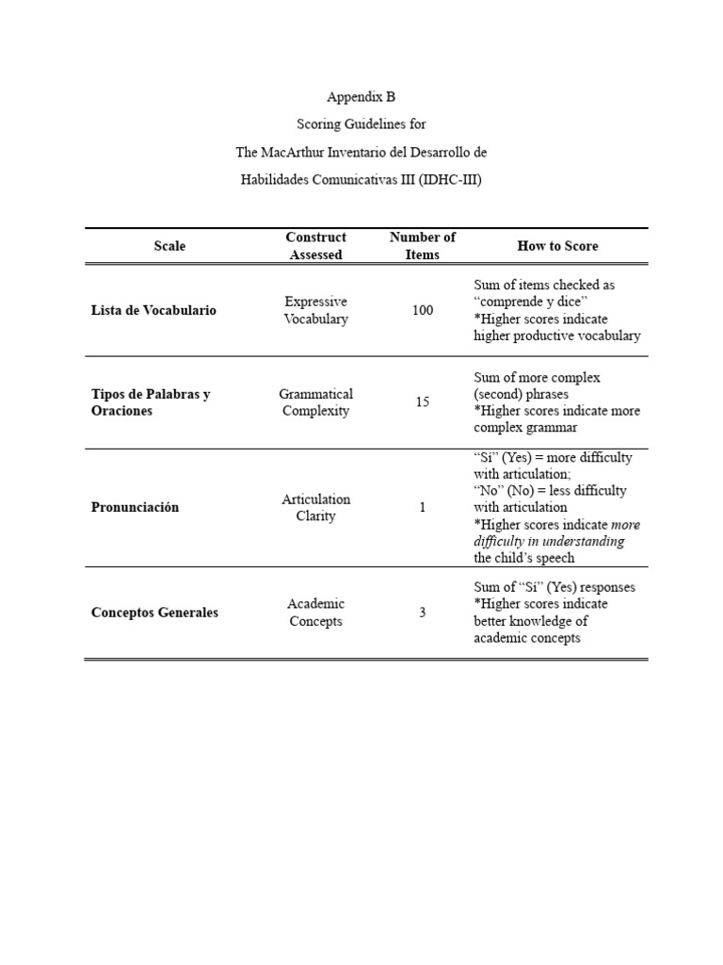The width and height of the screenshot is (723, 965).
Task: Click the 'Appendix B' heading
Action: point(361,96)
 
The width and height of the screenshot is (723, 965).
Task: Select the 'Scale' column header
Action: point(169,246)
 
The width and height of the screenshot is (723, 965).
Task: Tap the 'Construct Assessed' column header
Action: point(316,246)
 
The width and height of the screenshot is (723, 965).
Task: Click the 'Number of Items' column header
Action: point(423,246)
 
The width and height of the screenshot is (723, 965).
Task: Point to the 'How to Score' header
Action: point(557,246)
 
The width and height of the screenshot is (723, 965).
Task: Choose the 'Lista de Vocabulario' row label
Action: point(153,310)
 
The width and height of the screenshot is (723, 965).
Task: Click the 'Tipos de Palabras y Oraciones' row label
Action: point(151,402)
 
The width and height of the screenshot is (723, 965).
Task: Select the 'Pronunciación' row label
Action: point(135,507)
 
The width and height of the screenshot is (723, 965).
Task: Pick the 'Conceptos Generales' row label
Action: point(154,613)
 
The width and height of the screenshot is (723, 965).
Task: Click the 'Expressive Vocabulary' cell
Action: point(316,310)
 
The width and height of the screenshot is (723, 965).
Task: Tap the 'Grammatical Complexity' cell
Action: point(316,402)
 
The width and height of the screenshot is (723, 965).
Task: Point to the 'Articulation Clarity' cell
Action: point(316,508)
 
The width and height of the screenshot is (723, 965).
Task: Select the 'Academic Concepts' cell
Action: point(316,613)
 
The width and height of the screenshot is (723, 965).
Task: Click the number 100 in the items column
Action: point(423,310)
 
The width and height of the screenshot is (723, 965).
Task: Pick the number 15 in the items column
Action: point(423,402)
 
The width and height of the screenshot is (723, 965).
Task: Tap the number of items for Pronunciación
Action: point(423,508)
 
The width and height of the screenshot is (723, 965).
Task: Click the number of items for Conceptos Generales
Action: point(423,613)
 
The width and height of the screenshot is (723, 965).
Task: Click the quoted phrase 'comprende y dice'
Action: point(531,302)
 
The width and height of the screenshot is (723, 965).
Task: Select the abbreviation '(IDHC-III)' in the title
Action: point(449,180)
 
